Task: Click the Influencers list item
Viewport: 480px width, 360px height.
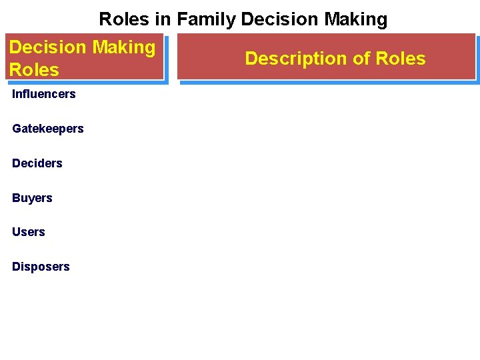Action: click(x=43, y=94)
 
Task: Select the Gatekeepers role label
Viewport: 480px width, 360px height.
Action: click(x=47, y=129)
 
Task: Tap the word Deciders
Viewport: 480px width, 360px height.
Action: click(x=37, y=163)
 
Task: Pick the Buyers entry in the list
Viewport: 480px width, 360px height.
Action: click(x=32, y=198)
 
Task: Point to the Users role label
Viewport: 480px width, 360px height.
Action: click(x=28, y=232)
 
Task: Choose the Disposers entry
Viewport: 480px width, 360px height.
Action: click(x=41, y=267)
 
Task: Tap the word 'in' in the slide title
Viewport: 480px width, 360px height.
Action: click(x=163, y=19)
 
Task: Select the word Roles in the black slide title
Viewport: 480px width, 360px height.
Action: click(x=124, y=19)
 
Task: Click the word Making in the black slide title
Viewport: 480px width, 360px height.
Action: click(x=355, y=19)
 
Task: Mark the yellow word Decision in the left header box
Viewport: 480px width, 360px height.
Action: click(x=48, y=47)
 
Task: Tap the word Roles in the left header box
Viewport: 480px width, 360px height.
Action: click(x=34, y=69)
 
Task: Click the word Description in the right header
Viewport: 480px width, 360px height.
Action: click(x=296, y=59)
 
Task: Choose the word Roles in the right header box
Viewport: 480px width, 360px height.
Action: click(x=401, y=59)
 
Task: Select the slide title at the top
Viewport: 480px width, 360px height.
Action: click(x=243, y=19)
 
